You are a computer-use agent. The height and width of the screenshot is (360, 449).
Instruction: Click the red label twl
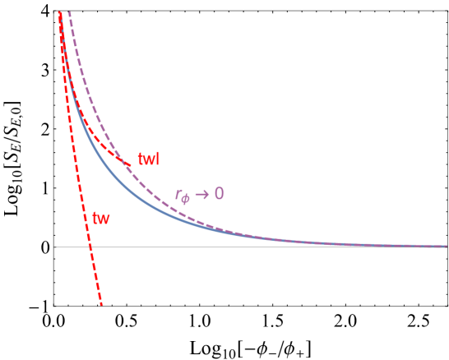click(148, 159)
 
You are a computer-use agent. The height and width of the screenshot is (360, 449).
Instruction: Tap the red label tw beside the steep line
click(101, 219)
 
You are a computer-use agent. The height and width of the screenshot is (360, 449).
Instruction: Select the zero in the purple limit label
click(219, 194)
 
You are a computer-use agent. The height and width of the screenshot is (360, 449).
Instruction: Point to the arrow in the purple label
click(202, 195)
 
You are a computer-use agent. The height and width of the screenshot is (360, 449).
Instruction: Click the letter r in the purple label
click(178, 196)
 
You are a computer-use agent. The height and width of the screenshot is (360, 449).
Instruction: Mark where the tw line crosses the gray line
click(90, 247)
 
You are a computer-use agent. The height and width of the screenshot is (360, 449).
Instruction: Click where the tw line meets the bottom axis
click(101, 306)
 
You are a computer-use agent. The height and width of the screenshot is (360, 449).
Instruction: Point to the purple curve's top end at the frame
click(69, 12)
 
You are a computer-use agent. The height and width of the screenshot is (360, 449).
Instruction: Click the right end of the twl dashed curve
click(132, 164)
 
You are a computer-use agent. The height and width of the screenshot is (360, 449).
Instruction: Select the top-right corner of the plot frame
click(447, 11)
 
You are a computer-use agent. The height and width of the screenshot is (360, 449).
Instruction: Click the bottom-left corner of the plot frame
click(54, 306)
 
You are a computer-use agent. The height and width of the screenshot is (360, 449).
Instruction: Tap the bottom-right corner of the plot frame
click(447, 306)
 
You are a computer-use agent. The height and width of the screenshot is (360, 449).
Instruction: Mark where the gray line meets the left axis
click(54, 247)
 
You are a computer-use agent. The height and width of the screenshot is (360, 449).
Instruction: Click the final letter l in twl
click(157, 159)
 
